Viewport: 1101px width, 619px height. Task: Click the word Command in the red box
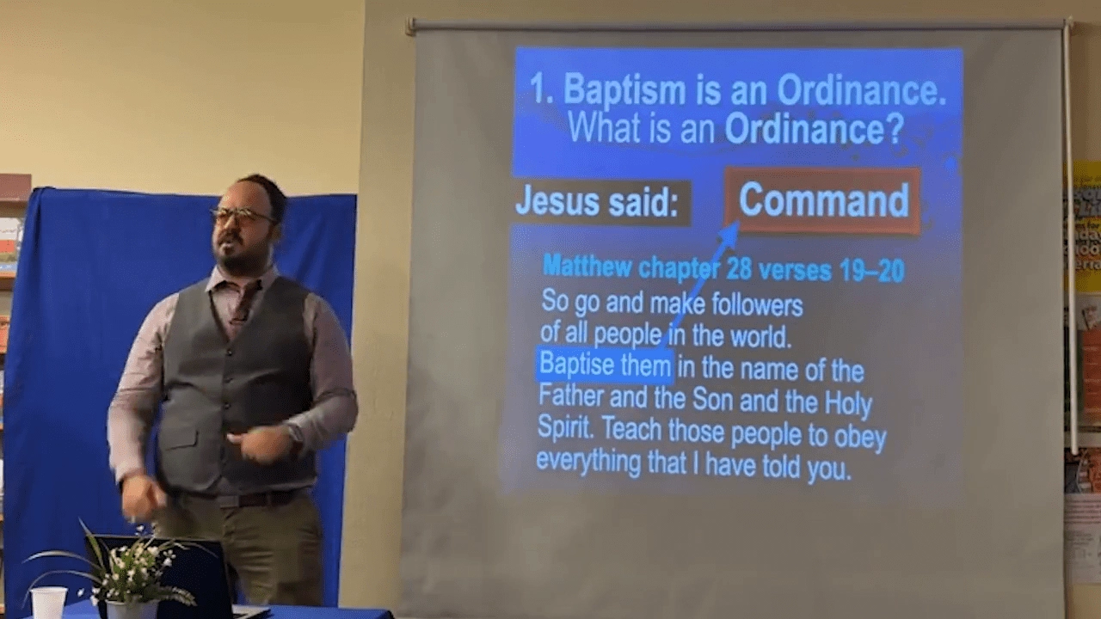[824, 200]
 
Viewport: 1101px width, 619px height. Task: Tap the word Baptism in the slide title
[624, 91]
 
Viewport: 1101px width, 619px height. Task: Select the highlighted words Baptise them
[605, 365]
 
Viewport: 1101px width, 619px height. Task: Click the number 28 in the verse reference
[737, 269]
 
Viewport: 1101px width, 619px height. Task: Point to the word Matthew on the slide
[587, 267]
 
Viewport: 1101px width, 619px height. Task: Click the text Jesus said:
[597, 202]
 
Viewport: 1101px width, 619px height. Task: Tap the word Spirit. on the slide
[565, 427]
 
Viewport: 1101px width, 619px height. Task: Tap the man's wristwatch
[296, 435]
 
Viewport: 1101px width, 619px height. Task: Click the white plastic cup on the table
[48, 603]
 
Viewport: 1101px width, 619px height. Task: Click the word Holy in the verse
[848, 403]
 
